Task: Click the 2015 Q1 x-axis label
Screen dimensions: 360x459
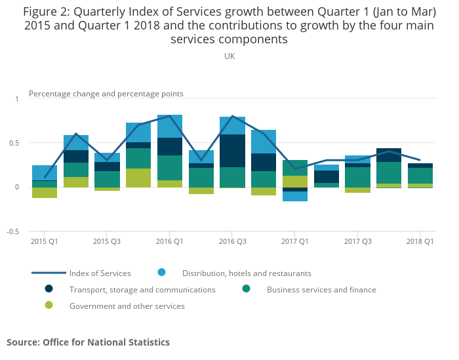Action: point(45,242)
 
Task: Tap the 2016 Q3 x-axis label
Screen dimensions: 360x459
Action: point(232,242)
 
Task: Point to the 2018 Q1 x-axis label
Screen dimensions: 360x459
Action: point(420,242)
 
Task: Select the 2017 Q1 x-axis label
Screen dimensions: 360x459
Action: point(294,242)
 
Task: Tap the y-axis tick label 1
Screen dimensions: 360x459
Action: point(16,98)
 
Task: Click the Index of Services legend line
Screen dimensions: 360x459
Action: point(49,273)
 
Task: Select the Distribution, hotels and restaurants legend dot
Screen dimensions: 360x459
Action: point(161,272)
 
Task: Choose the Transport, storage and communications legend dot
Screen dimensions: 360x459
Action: point(49,289)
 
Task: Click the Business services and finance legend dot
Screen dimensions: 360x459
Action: point(246,289)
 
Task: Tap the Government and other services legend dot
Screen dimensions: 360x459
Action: point(49,305)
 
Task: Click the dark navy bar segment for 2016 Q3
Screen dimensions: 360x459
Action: point(232,151)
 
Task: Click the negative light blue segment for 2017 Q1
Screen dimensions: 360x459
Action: point(294,196)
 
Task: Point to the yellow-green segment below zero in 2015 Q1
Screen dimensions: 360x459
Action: point(45,193)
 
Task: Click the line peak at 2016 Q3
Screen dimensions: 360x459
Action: point(232,116)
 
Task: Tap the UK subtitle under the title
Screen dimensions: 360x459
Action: point(229,56)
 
